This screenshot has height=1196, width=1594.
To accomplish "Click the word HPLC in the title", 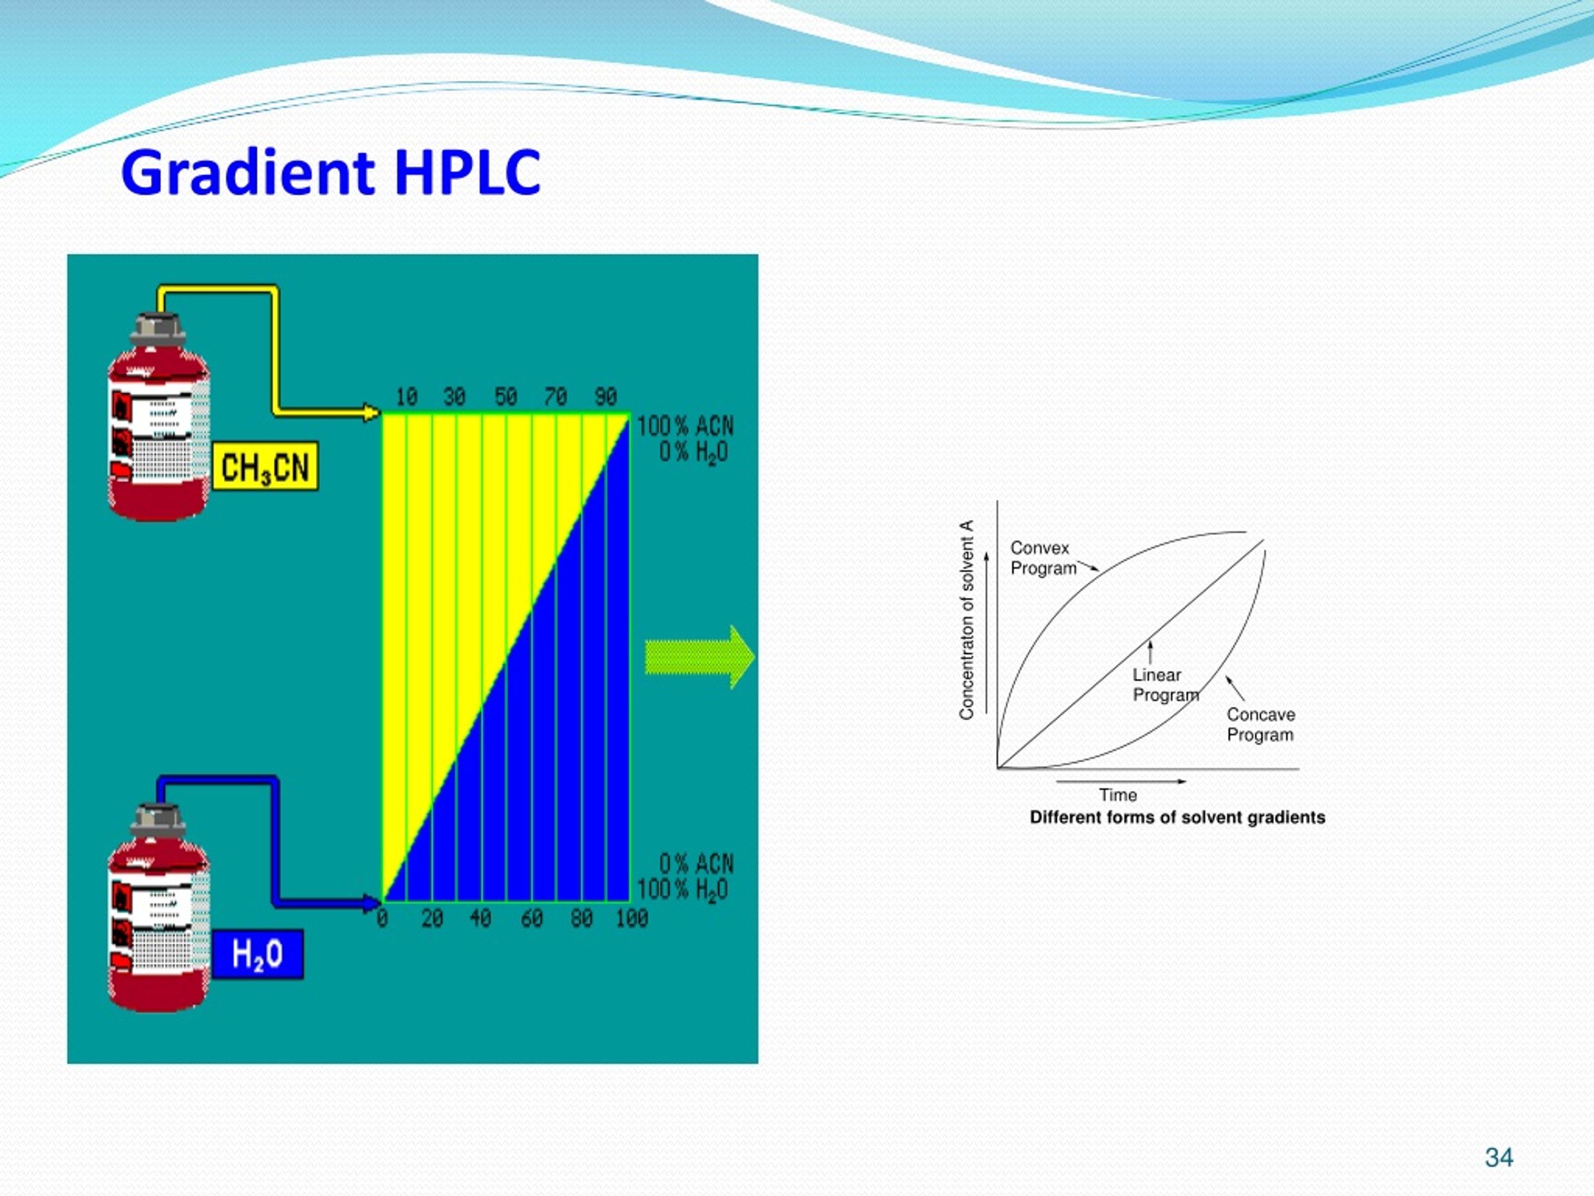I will (467, 173).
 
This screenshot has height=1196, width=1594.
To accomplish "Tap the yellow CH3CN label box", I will (265, 467).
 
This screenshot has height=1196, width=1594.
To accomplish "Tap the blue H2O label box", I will (257, 954).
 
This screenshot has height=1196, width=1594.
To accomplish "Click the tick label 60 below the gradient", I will (531, 918).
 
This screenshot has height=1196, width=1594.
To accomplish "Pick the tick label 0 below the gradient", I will (382, 918).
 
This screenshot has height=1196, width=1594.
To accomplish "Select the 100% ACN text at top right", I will (684, 426).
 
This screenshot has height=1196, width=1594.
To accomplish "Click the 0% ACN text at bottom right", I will (696, 863).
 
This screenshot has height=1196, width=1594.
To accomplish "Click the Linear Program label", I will (1164, 685).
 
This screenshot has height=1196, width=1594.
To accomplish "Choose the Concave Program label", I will (1260, 724).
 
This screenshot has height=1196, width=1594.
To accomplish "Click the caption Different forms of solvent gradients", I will (1177, 817).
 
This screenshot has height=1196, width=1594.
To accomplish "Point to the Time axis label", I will (1118, 795).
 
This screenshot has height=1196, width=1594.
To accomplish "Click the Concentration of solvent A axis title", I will (966, 620).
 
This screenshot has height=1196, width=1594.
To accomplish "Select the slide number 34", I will (1499, 1158).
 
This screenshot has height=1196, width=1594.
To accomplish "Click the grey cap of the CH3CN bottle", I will (157, 326).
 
